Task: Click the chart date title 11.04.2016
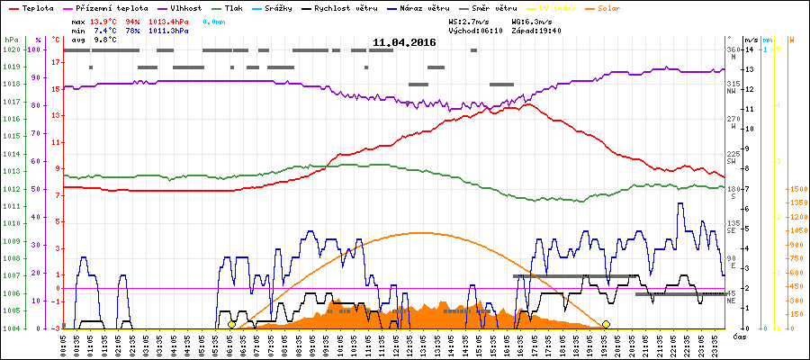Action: [404, 42]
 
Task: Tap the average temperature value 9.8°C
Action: [106, 40]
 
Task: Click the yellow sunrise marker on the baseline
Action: [232, 324]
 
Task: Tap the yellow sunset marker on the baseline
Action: [606, 324]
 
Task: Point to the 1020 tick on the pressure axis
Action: [11, 49]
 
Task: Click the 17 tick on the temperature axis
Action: [56, 63]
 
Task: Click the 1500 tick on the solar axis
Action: [797, 190]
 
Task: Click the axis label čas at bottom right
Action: [739, 337]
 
